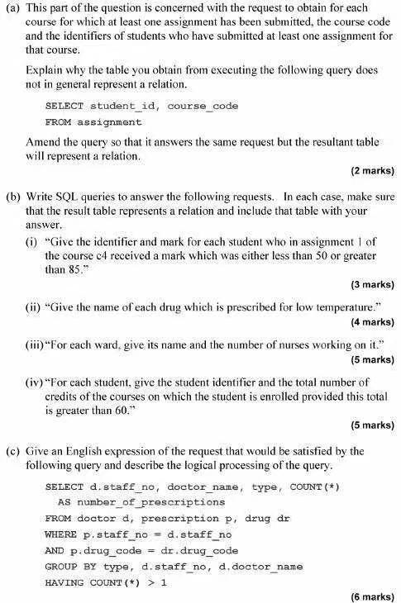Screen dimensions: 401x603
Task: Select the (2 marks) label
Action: pyautogui.click(x=372, y=171)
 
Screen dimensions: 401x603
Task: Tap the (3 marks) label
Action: pyautogui.click(x=372, y=284)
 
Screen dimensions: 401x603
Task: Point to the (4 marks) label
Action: pyautogui.click(x=372, y=321)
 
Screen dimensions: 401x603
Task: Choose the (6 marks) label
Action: pyautogui.click(x=372, y=596)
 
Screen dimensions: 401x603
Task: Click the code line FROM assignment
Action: pyautogui.click(x=93, y=121)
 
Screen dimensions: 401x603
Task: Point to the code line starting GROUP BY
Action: pyautogui.click(x=174, y=566)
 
